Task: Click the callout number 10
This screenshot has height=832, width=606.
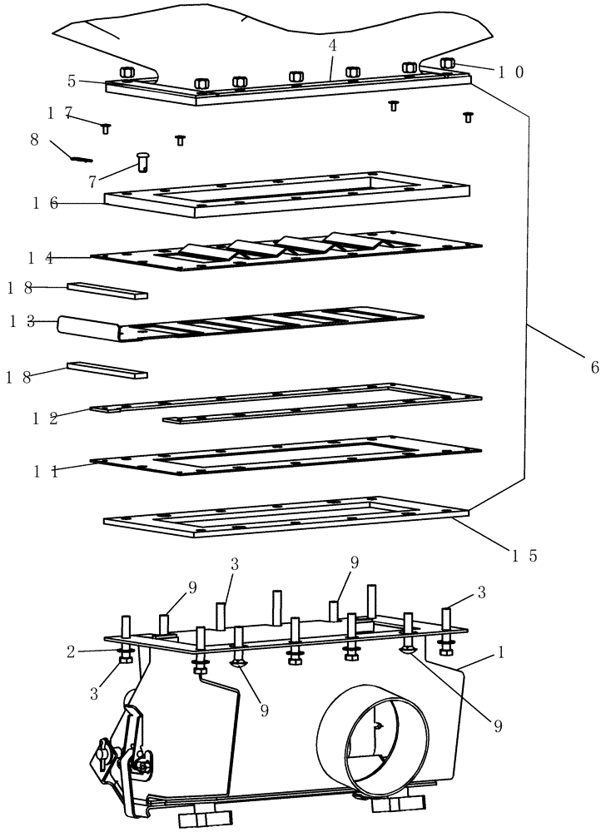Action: (511, 72)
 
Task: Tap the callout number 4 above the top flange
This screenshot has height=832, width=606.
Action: (332, 46)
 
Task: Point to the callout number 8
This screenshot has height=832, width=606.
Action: (35, 140)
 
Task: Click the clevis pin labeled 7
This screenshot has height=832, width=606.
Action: (143, 158)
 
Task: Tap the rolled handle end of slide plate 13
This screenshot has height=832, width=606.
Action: (87, 326)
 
